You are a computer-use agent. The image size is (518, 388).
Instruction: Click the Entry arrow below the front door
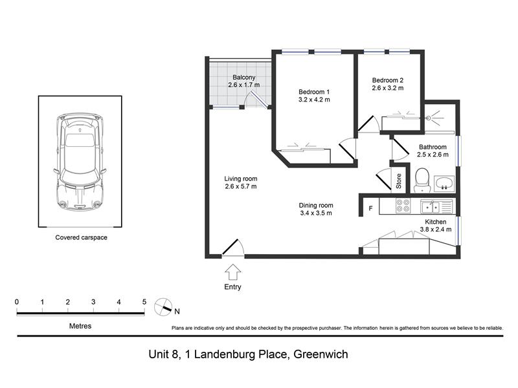click(x=233, y=272)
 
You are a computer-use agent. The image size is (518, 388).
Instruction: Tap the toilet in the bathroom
click(x=422, y=180)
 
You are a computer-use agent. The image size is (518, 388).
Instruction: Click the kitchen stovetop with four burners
click(x=403, y=206)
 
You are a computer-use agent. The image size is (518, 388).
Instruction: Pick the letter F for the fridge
click(x=370, y=208)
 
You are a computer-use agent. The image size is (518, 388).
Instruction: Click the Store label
click(x=399, y=181)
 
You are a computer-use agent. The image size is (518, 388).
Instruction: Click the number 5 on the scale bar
click(x=144, y=301)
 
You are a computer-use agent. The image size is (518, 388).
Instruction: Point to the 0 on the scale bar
click(x=17, y=301)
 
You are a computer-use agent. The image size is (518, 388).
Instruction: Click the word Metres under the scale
click(x=80, y=326)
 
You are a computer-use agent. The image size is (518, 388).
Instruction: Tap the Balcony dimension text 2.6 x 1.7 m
click(x=244, y=85)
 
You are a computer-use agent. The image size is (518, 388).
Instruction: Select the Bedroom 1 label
click(x=314, y=92)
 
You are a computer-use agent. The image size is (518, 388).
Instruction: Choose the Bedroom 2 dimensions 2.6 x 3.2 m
click(x=387, y=88)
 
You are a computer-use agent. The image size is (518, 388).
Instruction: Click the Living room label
click(x=240, y=178)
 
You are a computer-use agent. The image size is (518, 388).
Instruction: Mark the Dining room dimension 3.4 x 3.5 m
click(x=316, y=213)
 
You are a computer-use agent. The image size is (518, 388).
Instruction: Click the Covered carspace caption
click(x=82, y=237)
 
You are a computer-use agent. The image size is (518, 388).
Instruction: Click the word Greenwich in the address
click(x=321, y=354)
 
